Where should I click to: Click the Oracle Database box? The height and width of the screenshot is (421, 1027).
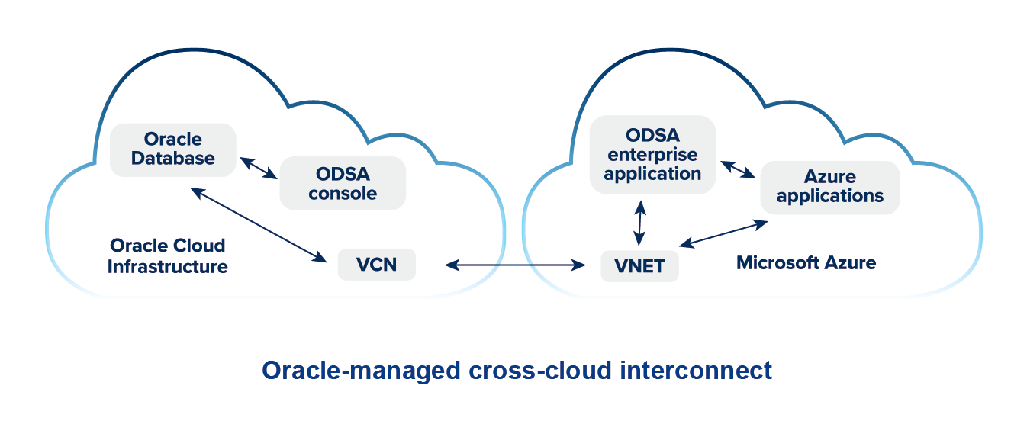tap(173, 149)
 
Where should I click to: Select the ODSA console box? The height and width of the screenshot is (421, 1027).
tap(343, 183)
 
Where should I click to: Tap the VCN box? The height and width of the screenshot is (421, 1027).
tap(376, 265)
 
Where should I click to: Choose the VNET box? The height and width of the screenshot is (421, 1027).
tap(639, 266)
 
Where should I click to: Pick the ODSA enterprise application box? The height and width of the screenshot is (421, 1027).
tap(652, 154)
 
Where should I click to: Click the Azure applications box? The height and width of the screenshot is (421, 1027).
tap(830, 187)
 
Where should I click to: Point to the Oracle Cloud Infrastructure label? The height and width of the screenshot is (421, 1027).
tap(168, 256)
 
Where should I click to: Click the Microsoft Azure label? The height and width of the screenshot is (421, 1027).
tap(806, 263)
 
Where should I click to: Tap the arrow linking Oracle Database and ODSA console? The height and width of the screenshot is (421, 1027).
tap(259, 168)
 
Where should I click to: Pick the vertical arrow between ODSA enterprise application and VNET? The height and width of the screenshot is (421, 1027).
tap(640, 222)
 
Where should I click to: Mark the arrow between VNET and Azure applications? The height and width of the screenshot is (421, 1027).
tap(723, 234)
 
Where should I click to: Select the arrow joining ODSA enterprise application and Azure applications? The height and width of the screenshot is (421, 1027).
tap(738, 170)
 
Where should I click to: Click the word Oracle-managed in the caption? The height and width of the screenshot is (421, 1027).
tap(359, 371)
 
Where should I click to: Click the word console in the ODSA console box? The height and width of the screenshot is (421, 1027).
tap(343, 193)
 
